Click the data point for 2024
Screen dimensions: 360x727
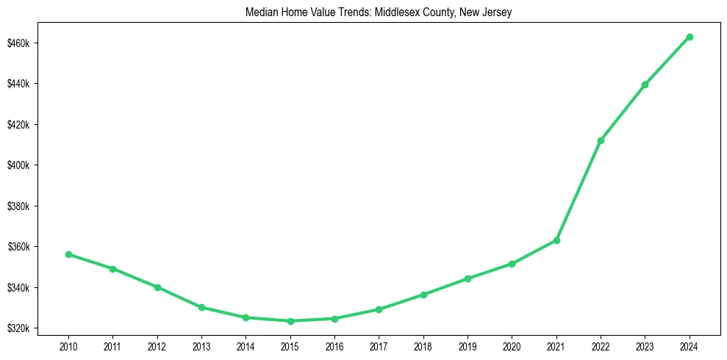[690, 37]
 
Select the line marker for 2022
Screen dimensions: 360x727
[601, 140]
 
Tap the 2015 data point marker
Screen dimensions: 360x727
[290, 321]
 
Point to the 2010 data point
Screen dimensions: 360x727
[68, 254]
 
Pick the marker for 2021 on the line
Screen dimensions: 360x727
[556, 240]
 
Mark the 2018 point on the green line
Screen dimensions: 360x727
[423, 295]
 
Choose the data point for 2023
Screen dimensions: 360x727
[645, 84]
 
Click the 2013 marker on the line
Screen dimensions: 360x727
[201, 307]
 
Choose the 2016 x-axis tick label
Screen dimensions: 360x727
[334, 345]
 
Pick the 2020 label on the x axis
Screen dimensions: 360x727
[512, 345]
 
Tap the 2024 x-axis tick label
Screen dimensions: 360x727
[690, 345]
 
